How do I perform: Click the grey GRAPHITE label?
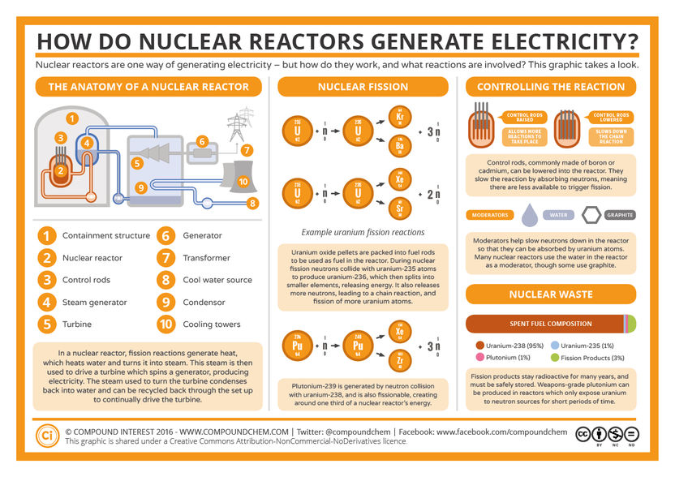coord(620,215)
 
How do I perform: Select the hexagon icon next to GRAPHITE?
coord(593,215)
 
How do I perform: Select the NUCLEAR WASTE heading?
coord(551,294)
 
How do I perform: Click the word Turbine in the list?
coord(76,324)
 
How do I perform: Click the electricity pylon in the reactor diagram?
coord(237,128)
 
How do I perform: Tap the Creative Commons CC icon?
coord(583,435)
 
